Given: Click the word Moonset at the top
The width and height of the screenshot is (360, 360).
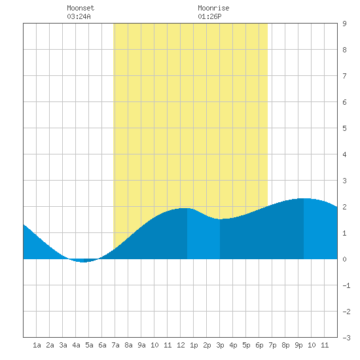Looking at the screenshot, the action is coord(81,8).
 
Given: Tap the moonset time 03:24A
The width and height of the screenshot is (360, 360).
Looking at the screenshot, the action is coord(79,16).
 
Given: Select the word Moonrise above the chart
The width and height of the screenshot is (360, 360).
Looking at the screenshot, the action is coord(213,8).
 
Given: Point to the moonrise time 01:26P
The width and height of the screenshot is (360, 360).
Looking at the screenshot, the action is coord(209,16).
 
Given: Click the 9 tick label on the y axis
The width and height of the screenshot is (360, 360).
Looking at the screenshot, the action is coord(344,24).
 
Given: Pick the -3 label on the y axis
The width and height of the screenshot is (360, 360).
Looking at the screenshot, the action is coord(346,338).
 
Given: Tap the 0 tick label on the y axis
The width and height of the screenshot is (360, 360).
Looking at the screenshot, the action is coord(344,259).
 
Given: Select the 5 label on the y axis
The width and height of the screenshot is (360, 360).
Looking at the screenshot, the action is coord(344,128).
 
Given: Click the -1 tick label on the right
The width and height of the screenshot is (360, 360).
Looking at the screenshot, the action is coord(346,285).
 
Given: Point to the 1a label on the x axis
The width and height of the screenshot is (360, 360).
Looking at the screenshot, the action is coord(37,345).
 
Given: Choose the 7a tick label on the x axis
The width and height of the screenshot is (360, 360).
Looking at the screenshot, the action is coord(115,345).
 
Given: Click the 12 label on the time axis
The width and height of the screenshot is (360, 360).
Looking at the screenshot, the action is coord(181,345).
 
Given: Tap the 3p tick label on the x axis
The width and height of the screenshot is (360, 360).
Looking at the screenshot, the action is coord(220,345).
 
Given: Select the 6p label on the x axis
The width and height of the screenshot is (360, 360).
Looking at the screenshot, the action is coord(259,345).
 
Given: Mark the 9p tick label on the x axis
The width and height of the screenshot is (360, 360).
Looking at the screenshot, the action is coord(298,345).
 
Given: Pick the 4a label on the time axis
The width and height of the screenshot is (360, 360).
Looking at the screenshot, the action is coord(76,345).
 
